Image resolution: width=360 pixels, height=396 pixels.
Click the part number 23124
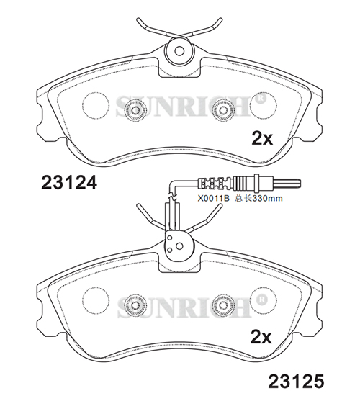coord(69,182)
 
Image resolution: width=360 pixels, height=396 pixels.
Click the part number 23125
coord(296,381)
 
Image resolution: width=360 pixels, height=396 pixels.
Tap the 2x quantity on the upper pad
coord(262,138)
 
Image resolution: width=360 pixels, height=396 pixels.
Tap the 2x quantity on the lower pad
coord(261,337)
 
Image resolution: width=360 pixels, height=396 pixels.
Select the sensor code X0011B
coord(213,198)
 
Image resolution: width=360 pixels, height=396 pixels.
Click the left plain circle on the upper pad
coord(96,104)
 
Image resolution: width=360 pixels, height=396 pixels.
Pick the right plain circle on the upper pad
coord(264,104)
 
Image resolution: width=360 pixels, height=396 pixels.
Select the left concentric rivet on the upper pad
coord(135,110)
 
